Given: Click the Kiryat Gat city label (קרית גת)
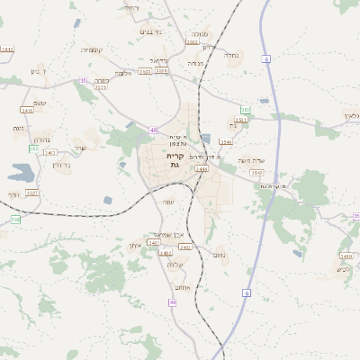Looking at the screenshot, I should tap(175, 159).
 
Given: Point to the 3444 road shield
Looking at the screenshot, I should tap(201, 167).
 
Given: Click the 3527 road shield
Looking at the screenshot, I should tap(31, 193).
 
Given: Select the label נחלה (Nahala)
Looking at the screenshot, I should tap(231, 54).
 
